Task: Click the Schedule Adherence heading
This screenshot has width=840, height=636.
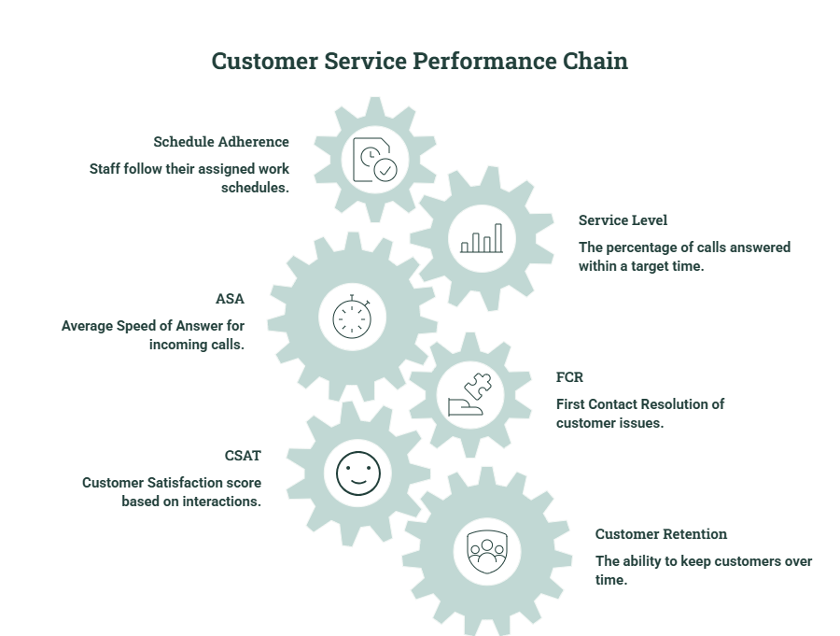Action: click(221, 142)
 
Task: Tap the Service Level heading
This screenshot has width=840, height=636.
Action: click(623, 219)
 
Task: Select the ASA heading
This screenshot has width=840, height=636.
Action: click(230, 299)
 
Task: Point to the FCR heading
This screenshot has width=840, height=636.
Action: click(569, 377)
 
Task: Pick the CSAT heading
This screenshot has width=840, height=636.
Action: click(243, 455)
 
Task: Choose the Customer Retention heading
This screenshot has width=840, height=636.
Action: click(661, 533)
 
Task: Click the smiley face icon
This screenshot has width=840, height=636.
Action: click(358, 473)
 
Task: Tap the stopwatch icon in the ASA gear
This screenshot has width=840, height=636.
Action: click(352, 317)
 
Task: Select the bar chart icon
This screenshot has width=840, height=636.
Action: click(482, 238)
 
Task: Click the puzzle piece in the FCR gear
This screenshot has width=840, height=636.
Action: click(478, 386)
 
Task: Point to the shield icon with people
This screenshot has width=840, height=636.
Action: click(487, 552)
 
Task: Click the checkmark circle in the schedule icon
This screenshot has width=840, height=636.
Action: click(385, 170)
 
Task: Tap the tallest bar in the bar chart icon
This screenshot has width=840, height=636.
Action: click(498, 237)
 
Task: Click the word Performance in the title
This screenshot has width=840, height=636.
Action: click(484, 61)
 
